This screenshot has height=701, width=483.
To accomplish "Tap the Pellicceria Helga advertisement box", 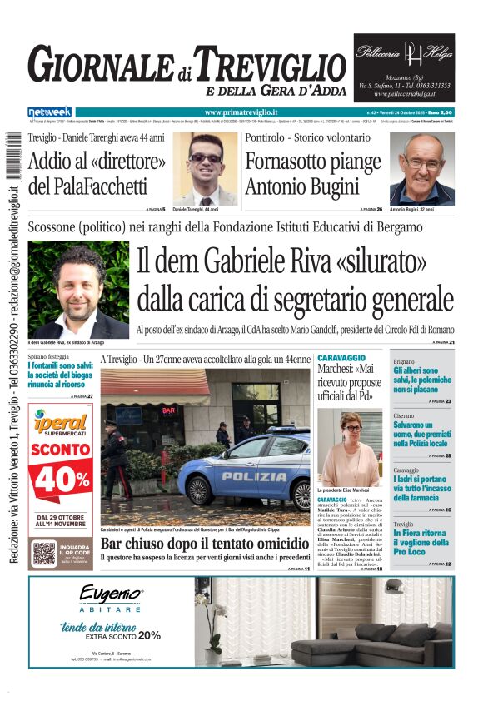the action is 404,67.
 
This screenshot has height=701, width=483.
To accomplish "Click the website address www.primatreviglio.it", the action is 241,112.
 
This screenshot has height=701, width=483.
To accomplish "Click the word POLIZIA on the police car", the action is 254,476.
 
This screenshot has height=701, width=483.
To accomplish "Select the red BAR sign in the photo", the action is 168,410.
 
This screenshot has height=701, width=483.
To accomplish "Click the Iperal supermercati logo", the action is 61,426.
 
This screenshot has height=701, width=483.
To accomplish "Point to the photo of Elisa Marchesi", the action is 350,449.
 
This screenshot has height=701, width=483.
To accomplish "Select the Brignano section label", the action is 404,361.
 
